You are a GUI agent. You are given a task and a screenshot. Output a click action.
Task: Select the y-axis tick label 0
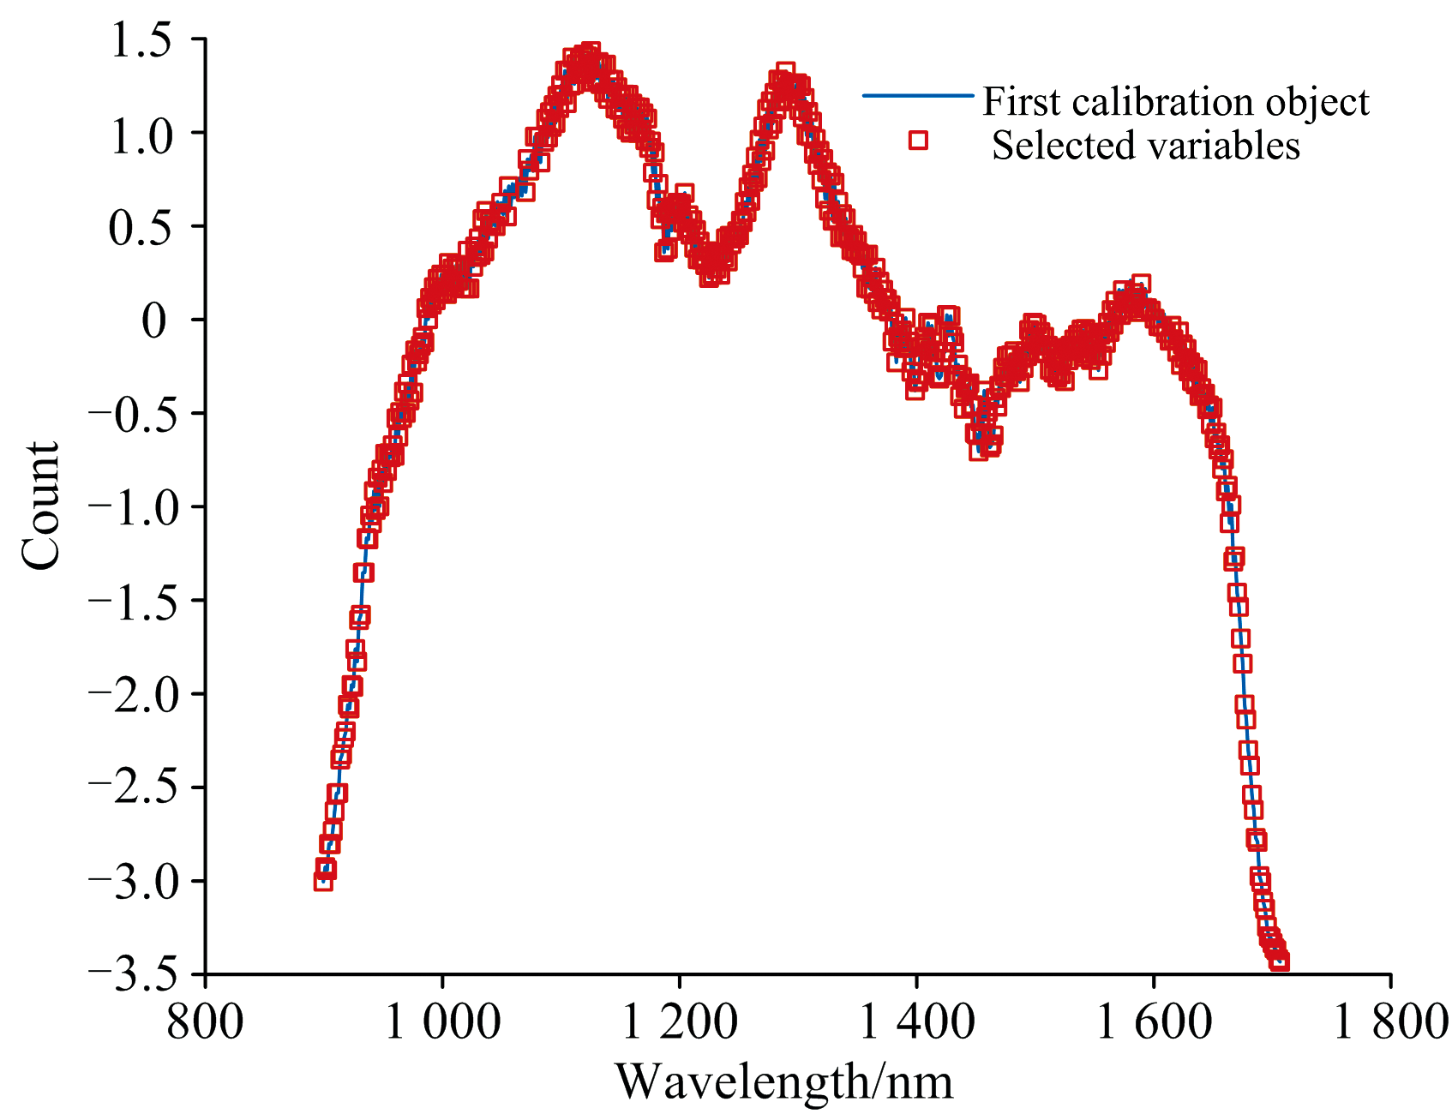pyautogui.click(x=157, y=321)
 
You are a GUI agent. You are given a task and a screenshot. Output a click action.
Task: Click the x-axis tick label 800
pyautogui.click(x=205, y=1022)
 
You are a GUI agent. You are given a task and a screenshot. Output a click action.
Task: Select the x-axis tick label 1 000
pyautogui.click(x=442, y=1022)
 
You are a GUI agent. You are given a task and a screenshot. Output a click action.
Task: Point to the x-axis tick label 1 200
pyautogui.click(x=679, y=1022)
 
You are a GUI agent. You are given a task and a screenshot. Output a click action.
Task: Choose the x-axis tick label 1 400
pyautogui.click(x=916, y=1022)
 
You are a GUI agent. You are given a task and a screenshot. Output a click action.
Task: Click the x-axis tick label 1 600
pyautogui.click(x=1154, y=1022)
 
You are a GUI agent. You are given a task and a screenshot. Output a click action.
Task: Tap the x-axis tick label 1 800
pyautogui.click(x=1390, y=1022)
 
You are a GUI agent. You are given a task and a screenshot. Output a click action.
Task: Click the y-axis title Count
pyautogui.click(x=41, y=506)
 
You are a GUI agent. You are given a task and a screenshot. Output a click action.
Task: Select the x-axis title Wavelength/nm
pyautogui.click(x=784, y=1081)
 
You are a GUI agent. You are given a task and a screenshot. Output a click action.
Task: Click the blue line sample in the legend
pyautogui.click(x=918, y=96)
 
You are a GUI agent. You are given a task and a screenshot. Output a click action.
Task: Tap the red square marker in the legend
pyautogui.click(x=919, y=140)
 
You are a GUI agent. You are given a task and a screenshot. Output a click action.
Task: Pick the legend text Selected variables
pyautogui.click(x=1145, y=145)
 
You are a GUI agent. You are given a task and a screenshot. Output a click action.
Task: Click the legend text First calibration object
pyautogui.click(x=1175, y=102)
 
